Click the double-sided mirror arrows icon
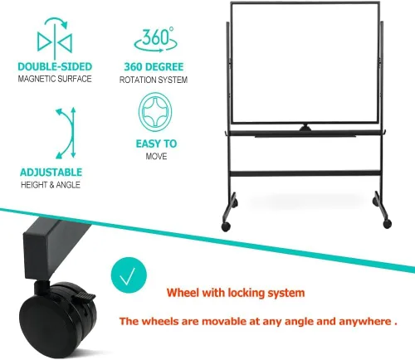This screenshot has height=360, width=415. (x=55, y=39)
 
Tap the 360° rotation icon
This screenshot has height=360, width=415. (x=155, y=40)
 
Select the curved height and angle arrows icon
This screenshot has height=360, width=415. (x=66, y=133)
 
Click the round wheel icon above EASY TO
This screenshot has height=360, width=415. (x=155, y=112)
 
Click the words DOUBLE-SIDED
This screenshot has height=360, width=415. (x=55, y=66)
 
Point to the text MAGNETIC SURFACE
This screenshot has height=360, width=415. (x=55, y=79)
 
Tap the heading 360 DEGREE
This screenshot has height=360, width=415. (x=154, y=67)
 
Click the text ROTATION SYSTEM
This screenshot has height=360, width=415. (x=154, y=80)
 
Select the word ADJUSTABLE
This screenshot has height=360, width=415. (x=51, y=173)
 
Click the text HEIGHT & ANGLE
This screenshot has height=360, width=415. (x=51, y=185)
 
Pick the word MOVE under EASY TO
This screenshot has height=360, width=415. (x=156, y=156)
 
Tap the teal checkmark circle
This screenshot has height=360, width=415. (x=129, y=275)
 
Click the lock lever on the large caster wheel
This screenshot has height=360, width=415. (x=83, y=296)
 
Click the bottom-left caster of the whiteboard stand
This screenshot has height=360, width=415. (x=226, y=226)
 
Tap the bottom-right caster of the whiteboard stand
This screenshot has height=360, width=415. (x=388, y=223)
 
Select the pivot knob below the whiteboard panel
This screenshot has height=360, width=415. (x=305, y=128)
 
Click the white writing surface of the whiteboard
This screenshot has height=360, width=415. (x=305, y=62)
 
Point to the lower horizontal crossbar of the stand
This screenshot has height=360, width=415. (x=305, y=174)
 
